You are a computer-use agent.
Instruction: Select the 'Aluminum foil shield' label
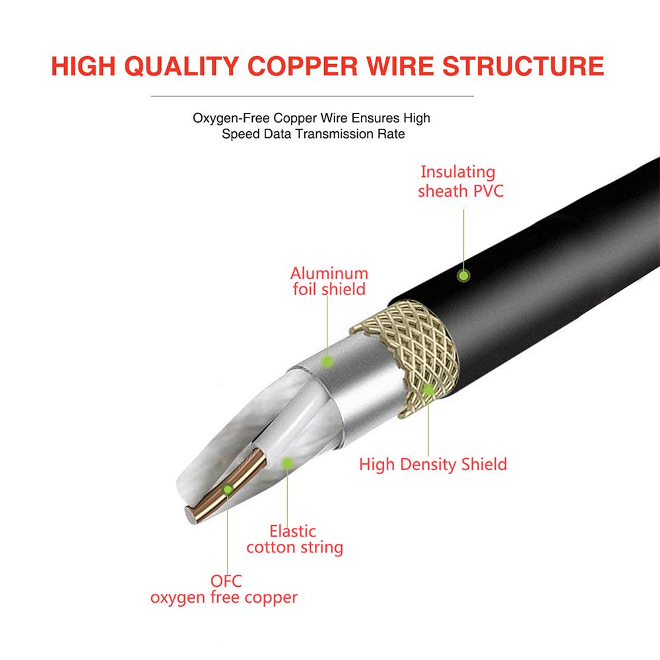point(329,281)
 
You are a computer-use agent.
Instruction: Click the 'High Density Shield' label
point(433,464)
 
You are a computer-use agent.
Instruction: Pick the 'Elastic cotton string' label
point(294,539)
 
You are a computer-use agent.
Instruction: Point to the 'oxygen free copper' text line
point(224,598)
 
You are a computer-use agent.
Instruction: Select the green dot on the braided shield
point(428,389)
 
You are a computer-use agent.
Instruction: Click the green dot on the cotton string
point(287,463)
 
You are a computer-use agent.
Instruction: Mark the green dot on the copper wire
point(228,489)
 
